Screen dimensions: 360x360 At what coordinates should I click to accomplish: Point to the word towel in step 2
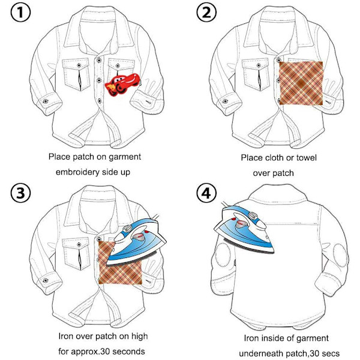[304, 158]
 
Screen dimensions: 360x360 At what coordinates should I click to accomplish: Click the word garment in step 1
[124, 157]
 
